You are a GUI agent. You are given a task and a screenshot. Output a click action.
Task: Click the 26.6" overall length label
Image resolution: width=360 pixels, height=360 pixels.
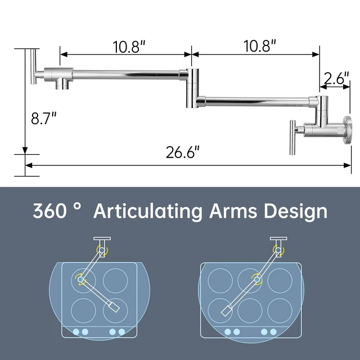[x=182, y=152]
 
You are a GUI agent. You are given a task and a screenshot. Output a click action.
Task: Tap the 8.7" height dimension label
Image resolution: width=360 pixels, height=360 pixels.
[x=44, y=118]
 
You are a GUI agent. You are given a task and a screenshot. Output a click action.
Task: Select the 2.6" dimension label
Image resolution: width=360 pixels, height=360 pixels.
[x=336, y=78]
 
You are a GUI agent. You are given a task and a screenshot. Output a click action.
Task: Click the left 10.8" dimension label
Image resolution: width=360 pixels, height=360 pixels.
[x=129, y=47]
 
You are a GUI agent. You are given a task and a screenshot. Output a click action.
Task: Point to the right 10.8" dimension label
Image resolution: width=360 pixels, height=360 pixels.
[x=259, y=46]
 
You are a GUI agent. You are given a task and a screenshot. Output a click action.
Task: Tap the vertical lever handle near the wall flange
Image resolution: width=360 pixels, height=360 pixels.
[x=292, y=137]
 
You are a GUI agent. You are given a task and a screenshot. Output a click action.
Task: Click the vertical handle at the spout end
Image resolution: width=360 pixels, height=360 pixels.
[x=33, y=66]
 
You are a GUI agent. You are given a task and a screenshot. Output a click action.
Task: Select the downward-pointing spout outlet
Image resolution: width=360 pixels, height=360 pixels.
[x=62, y=84]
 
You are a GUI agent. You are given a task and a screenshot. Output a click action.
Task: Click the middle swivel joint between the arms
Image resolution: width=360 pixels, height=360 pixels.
[x=192, y=88]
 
